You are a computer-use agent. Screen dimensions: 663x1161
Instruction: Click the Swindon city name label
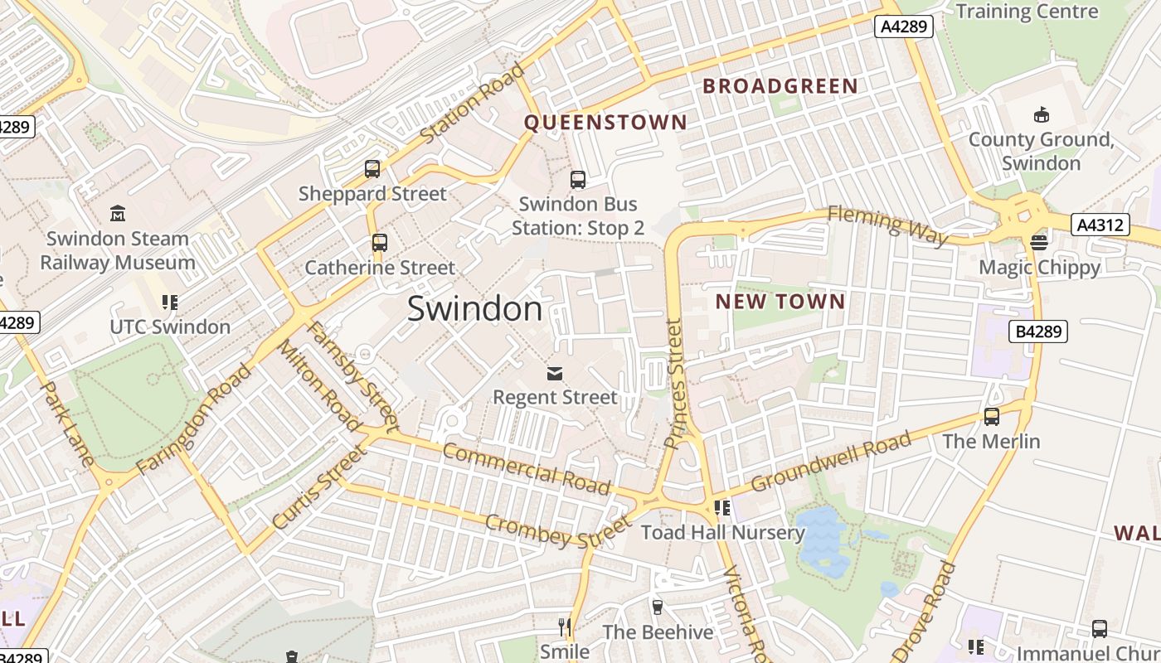(x=474, y=309)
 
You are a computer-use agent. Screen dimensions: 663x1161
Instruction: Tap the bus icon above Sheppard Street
(x=372, y=169)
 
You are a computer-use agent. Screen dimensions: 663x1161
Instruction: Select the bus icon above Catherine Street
(x=380, y=243)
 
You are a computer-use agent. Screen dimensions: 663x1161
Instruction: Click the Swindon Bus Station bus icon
(x=578, y=179)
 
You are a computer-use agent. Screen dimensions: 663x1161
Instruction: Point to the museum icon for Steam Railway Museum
(x=118, y=214)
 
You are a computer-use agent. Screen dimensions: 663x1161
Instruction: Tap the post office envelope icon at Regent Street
(x=554, y=374)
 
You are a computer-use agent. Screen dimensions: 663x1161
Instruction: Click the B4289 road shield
(x=1037, y=331)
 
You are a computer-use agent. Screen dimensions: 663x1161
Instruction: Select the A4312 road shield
(x=1100, y=225)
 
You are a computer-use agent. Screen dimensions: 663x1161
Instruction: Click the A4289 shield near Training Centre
(x=904, y=27)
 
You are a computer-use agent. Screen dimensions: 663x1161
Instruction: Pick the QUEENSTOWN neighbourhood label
(x=605, y=123)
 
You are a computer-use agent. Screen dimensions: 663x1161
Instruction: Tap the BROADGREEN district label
(x=780, y=86)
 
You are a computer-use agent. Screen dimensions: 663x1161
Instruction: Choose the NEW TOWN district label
(x=780, y=302)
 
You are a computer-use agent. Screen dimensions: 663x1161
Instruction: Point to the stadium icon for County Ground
(x=1042, y=114)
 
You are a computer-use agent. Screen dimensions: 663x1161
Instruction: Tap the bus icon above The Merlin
(x=992, y=417)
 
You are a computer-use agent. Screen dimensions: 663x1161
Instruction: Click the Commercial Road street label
(x=527, y=468)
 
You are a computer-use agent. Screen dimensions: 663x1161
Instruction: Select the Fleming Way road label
(x=887, y=225)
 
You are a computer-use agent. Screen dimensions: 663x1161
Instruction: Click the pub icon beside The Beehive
(x=658, y=607)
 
